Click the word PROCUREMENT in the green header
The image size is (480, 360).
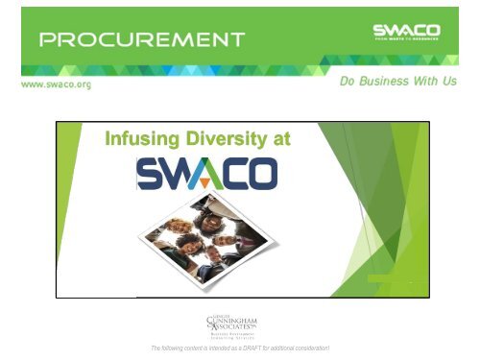click(x=141, y=40)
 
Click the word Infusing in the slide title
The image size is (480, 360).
click(x=144, y=141)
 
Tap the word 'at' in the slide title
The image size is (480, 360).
click(x=279, y=141)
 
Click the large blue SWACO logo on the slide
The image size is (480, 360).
click(x=207, y=174)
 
